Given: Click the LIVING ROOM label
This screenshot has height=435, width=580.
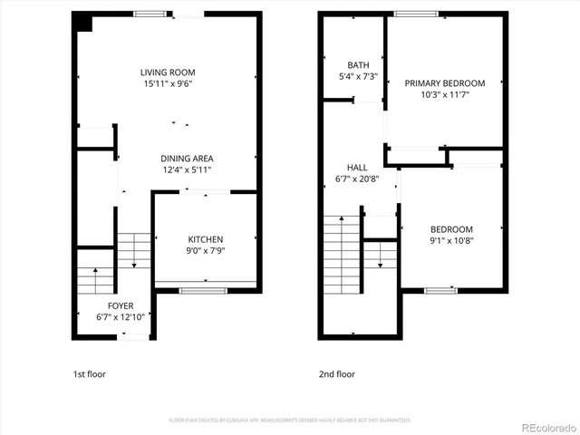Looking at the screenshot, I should tap(168, 72).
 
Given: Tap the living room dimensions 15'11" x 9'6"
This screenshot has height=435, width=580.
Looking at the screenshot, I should tap(168, 83).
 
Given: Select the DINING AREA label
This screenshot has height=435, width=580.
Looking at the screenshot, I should tap(188, 158).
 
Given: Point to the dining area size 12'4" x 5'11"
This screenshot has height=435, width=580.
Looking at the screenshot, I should tap(188, 169).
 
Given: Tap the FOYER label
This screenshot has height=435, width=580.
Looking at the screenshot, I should tap(121, 305).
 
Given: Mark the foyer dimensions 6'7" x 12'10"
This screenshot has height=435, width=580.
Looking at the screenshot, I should tap(121, 317).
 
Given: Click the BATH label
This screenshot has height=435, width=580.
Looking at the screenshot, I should tap(358, 65).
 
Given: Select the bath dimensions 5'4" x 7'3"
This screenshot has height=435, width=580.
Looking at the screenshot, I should tap(358, 77).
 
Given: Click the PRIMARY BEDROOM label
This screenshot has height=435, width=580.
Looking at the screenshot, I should tap(444, 83).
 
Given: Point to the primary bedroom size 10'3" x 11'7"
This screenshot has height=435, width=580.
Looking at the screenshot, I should tap(444, 95).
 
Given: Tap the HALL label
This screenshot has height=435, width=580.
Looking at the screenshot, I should tap(357, 168).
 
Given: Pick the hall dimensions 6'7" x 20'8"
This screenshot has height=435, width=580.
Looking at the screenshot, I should tap(357, 179).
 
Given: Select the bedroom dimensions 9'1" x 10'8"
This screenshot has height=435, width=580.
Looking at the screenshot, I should tap(450, 240).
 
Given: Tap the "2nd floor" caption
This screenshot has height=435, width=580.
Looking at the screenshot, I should tap(336, 373).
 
